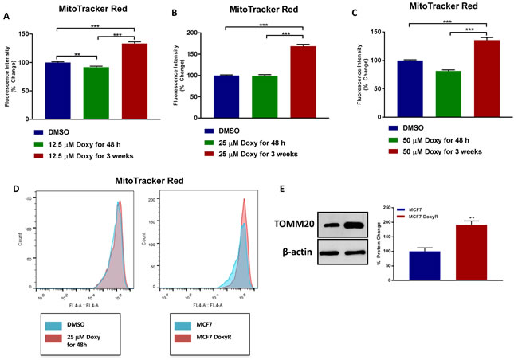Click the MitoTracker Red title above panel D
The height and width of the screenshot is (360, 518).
click(144, 182)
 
